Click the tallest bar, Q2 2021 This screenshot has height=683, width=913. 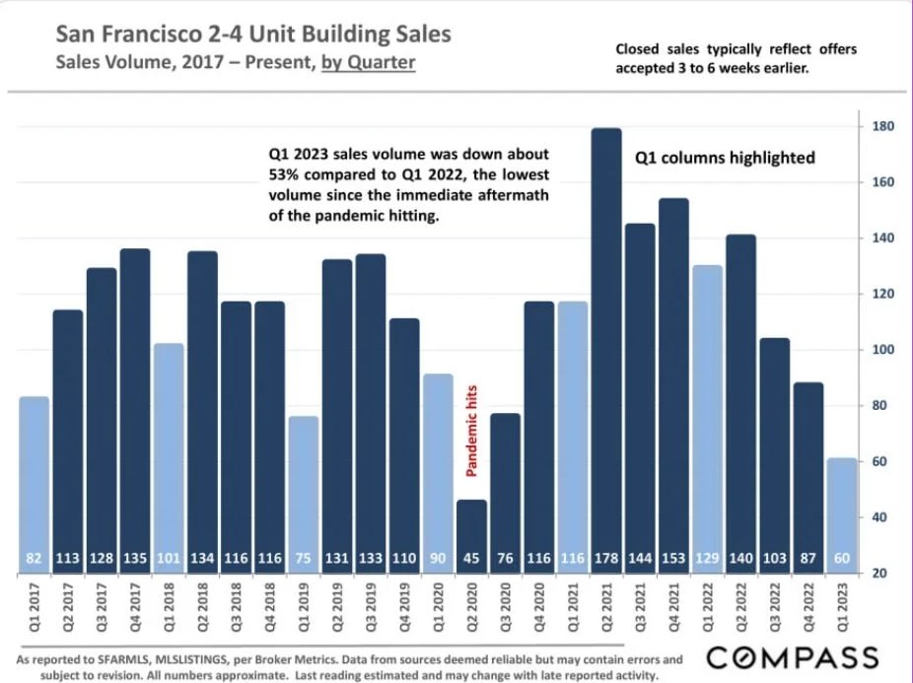605,345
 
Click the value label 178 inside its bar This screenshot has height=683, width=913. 605,559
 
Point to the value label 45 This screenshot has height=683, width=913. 471,559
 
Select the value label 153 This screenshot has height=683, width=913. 673,559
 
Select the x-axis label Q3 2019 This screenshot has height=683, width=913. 371,611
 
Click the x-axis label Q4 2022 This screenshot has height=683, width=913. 808,611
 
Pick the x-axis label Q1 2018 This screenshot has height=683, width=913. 170,611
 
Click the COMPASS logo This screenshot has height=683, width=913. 793,656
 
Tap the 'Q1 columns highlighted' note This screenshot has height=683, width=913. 724,157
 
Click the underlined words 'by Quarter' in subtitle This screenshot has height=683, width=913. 369,63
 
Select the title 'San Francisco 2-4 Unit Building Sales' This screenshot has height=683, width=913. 253,34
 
